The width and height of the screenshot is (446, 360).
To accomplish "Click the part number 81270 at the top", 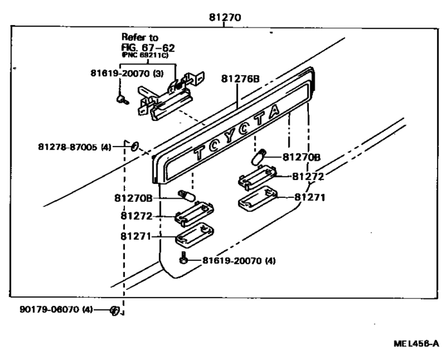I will pyautogui.click(x=225, y=17).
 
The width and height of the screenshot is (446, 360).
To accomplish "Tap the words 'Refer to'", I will pyautogui.click(x=140, y=38).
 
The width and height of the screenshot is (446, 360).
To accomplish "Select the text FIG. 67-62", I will pyautogui.click(x=148, y=48).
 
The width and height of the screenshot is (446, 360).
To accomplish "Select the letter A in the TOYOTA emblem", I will pyautogui.click(x=274, y=111).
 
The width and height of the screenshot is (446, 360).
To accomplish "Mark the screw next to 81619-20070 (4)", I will pyautogui.click(x=185, y=260).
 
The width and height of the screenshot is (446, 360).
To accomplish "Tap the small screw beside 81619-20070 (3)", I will pyautogui.click(x=121, y=98).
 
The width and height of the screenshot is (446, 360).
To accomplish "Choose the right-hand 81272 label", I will pyautogui.click(x=308, y=176).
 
